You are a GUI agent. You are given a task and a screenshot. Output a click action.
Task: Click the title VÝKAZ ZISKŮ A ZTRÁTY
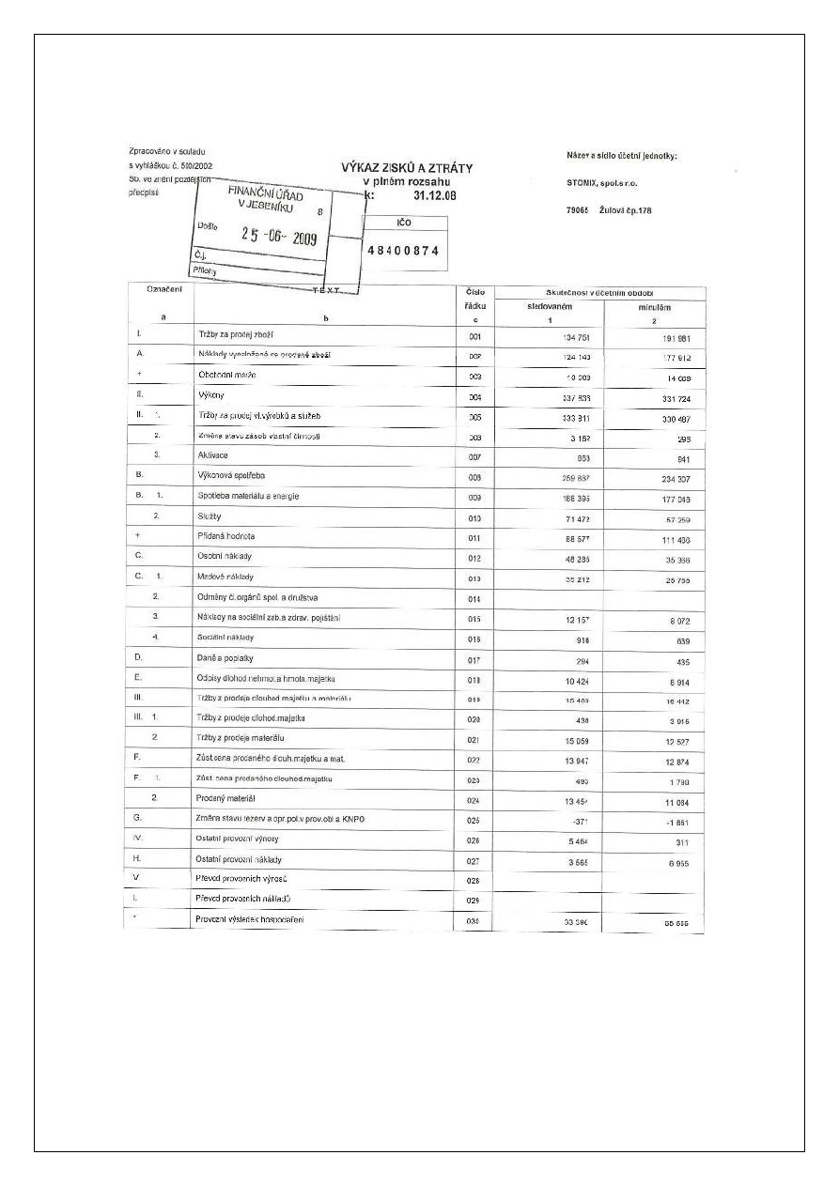tap(406, 168)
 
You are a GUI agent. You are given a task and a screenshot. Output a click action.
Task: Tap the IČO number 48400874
tap(403, 251)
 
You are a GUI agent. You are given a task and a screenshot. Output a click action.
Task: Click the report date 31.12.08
tap(434, 196)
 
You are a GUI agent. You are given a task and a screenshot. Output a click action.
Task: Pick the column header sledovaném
tap(549, 307)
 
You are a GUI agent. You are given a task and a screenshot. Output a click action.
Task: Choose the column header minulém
tap(654, 308)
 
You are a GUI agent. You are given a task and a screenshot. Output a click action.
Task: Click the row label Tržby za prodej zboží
tap(235, 334)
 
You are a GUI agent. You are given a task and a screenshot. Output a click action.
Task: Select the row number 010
tap(474, 517)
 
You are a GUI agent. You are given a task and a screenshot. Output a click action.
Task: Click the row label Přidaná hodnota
tap(226, 536)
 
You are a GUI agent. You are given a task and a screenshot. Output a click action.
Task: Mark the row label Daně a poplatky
tap(225, 657)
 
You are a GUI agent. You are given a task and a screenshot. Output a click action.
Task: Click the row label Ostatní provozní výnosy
tap(238, 839)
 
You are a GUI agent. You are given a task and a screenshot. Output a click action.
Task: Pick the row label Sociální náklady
tap(225, 638)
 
